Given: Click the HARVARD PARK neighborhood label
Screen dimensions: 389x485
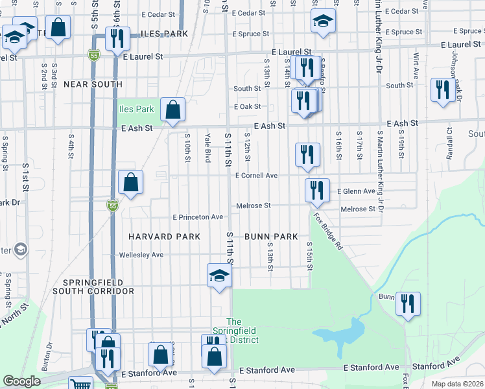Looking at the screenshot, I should tap(164, 237).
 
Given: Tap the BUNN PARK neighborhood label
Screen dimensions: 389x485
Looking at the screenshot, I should tap(270, 237).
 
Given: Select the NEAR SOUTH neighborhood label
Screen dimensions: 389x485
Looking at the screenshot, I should tap(93, 84).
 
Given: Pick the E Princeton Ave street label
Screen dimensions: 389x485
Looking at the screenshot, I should tap(197, 217).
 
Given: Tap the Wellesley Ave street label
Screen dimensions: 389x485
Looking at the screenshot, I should tap(141, 255).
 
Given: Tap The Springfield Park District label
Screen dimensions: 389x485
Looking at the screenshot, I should tap(243, 331).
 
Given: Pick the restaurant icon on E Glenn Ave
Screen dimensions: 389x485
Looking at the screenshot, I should tap(317, 189).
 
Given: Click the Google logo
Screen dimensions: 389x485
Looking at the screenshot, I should tap(21, 381).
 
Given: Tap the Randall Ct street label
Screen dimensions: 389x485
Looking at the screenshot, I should tap(448, 137).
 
